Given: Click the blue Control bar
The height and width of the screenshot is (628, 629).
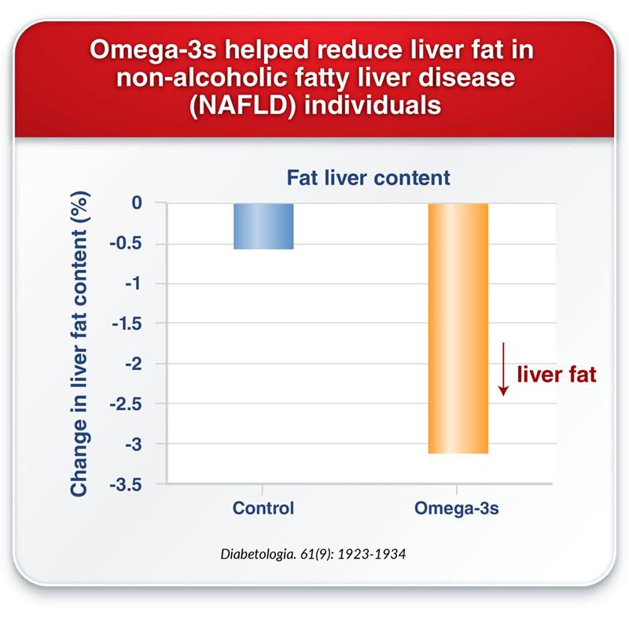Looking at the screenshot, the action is pyautogui.click(x=263, y=227).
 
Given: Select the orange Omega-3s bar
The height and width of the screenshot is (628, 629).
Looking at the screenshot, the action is pyautogui.click(x=458, y=328).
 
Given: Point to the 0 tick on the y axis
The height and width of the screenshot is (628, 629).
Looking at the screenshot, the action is pyautogui.click(x=137, y=203).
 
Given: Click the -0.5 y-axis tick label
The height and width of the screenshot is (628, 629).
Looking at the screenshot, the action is pyautogui.click(x=126, y=243).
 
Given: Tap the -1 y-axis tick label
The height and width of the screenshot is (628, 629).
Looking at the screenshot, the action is pyautogui.click(x=133, y=283).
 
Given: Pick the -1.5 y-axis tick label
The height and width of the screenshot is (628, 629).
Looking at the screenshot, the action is pyautogui.click(x=127, y=323).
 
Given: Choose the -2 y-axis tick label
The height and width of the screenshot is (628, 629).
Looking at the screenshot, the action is pyautogui.click(x=133, y=364).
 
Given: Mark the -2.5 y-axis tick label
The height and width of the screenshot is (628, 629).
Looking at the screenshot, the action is pyautogui.click(x=126, y=405).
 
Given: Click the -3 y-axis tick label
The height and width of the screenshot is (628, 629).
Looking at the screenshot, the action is pyautogui.click(x=133, y=445).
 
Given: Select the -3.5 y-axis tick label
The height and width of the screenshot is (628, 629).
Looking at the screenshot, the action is pyautogui.click(x=126, y=485).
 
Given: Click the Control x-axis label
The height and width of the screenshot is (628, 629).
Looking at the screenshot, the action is pyautogui.click(x=263, y=508).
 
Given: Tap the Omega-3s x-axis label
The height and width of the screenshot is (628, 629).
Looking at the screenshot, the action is pyautogui.click(x=457, y=508).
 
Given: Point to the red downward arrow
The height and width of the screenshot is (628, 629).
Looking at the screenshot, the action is pyautogui.click(x=503, y=369).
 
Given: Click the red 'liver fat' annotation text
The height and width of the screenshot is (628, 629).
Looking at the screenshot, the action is pyautogui.click(x=557, y=375).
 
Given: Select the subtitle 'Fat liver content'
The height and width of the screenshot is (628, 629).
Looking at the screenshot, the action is pyautogui.click(x=368, y=178).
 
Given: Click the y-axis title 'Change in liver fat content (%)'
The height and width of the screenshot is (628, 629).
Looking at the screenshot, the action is pyautogui.click(x=79, y=344).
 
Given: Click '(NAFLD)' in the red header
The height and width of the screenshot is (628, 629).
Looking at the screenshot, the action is pyautogui.click(x=243, y=105).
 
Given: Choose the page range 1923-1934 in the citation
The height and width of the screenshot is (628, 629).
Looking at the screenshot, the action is pyautogui.click(x=371, y=554).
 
